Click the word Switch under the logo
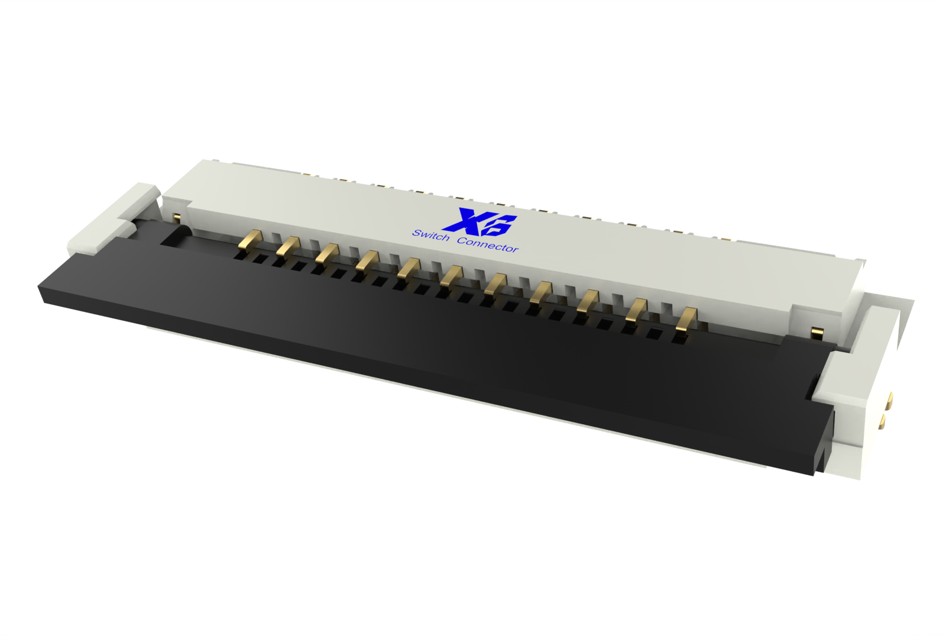coord(430,235)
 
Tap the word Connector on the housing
coord(488,245)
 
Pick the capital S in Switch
coord(416,232)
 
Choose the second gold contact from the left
coord(289,246)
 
